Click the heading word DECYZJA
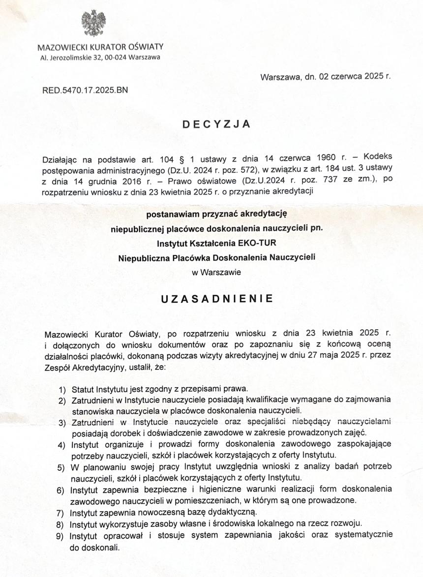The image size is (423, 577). pyautogui.click(x=216, y=124)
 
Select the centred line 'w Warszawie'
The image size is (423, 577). pyautogui.click(x=217, y=272)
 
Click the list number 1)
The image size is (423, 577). pyautogui.click(x=62, y=389)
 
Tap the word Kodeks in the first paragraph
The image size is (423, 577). pyautogui.click(x=379, y=156)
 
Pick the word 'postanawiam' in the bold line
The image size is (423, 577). pyautogui.click(x=170, y=215)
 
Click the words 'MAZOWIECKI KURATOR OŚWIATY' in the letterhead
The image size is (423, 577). pyautogui.click(x=100, y=48)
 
